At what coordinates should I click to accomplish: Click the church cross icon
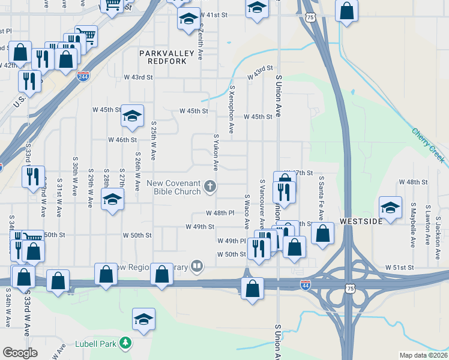tap(210, 186)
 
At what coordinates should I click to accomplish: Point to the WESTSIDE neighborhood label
tap(361, 221)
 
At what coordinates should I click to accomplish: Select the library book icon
tap(197, 266)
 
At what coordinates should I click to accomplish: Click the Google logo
tap(20, 353)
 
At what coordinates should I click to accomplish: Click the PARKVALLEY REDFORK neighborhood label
tap(166, 58)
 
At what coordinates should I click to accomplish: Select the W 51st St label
tap(400, 267)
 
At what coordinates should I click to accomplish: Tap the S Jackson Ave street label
tap(438, 233)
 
